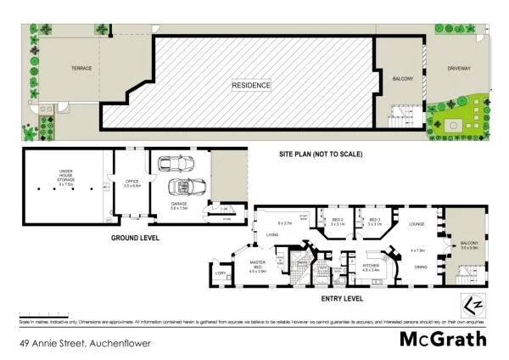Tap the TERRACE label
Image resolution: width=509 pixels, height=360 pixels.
(x=81, y=68)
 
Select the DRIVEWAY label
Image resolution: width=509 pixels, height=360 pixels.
(x=459, y=69)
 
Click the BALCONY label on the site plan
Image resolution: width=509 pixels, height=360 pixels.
(x=402, y=79)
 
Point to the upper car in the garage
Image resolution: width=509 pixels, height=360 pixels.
(x=178, y=162)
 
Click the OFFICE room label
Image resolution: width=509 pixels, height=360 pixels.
(x=131, y=180)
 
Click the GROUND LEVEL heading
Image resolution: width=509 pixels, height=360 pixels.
(x=135, y=239)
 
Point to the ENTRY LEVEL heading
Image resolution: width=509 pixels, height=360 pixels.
(x=342, y=299)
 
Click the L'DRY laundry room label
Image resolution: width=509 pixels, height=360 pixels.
(x=220, y=272)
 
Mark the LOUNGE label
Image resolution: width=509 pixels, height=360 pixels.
(x=417, y=224)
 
